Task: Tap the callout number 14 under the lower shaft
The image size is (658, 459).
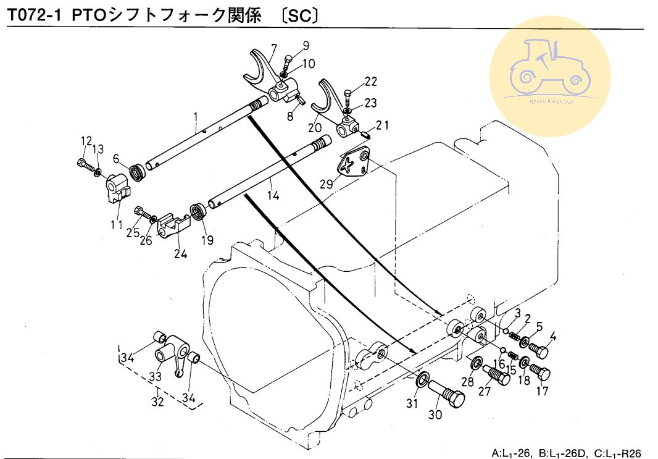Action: click(x=273, y=196)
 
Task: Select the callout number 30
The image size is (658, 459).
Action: click(x=435, y=415)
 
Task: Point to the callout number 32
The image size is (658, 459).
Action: click(x=158, y=402)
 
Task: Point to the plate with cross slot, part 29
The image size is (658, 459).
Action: click(x=353, y=162)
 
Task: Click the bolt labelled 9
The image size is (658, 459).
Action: click(x=288, y=64)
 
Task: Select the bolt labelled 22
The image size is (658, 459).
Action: click(x=346, y=99)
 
